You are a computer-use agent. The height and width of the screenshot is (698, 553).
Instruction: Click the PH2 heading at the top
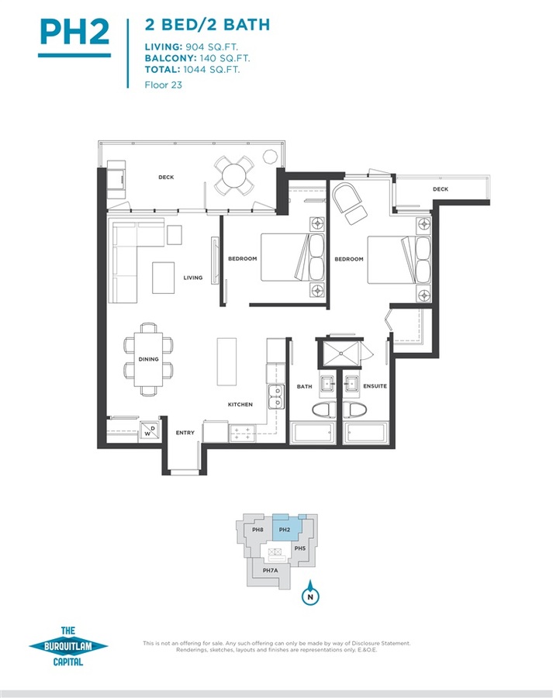(74, 31)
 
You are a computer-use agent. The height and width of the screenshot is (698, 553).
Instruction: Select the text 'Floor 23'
(164, 85)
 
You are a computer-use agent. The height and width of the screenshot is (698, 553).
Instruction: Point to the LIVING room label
(193, 278)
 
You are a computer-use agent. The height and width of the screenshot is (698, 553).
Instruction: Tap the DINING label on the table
(148, 359)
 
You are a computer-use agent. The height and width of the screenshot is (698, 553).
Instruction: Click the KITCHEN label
(240, 404)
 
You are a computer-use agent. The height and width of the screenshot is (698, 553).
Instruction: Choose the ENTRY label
(185, 432)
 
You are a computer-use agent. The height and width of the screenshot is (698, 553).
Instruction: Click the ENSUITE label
(375, 386)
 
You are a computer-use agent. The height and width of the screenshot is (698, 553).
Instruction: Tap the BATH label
(305, 386)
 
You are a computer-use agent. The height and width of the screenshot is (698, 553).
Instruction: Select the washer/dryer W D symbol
(149, 430)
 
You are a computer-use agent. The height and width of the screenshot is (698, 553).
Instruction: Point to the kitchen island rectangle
(226, 361)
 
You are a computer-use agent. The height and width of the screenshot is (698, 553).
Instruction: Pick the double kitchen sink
(276, 396)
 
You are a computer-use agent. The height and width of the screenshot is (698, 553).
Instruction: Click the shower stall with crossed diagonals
(340, 354)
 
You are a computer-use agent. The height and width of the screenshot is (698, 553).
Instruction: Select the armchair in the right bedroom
(350, 203)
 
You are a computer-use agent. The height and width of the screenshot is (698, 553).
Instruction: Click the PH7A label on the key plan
(270, 570)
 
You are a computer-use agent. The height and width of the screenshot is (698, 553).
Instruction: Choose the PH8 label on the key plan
(257, 530)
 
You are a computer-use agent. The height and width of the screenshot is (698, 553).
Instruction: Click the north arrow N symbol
(310, 594)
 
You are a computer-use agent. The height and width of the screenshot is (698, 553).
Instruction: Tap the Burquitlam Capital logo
(68, 646)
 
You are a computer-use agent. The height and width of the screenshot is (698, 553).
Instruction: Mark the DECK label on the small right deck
(441, 189)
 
